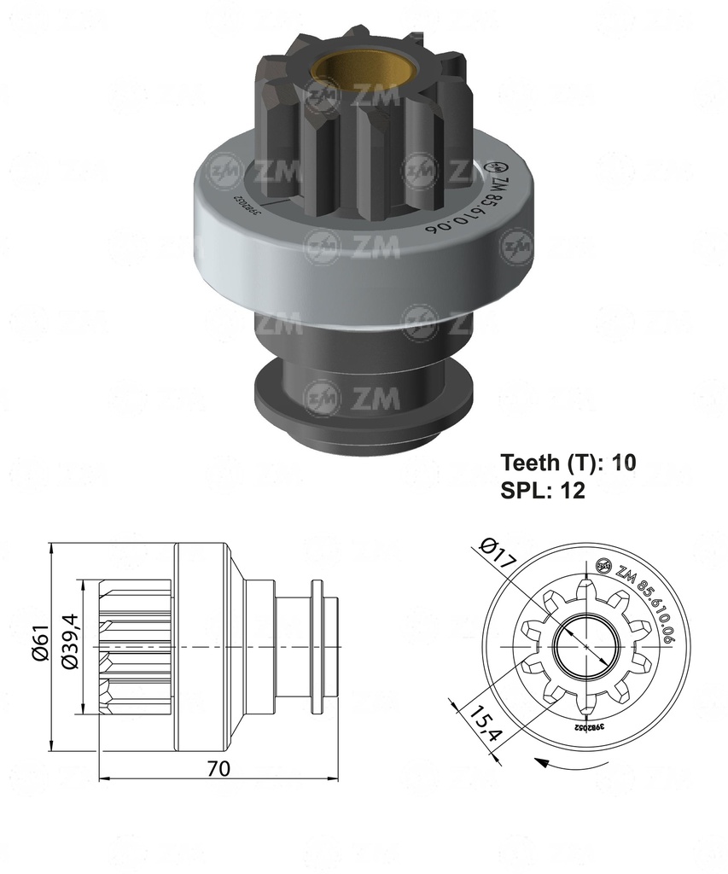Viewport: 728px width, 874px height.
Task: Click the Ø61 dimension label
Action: pyautogui.click(x=38, y=644)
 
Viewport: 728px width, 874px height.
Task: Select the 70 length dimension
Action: pyautogui.click(x=218, y=768)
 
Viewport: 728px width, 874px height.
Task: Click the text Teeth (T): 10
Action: pyautogui.click(x=568, y=463)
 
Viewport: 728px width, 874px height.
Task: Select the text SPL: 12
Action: pyautogui.click(x=542, y=491)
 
